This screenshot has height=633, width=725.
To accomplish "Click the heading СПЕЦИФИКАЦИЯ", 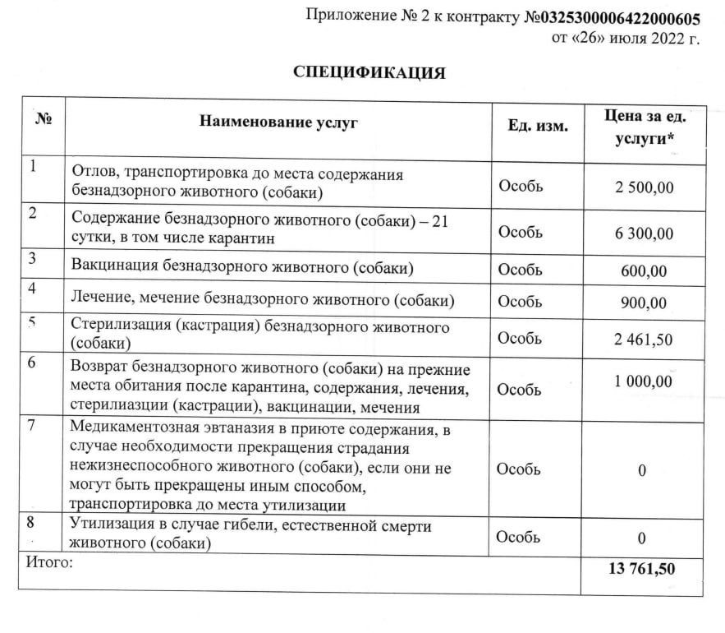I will tap(369, 72).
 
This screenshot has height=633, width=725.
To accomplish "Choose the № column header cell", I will tap(43, 118).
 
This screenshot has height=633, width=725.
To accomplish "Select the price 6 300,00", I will tap(644, 233).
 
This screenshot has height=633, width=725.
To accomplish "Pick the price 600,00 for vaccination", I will tap(644, 270).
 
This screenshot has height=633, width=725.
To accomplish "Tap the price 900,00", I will tap(644, 303).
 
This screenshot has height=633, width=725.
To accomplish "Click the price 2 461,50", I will tap(644, 339).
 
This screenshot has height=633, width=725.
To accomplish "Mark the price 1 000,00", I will tap(644, 381).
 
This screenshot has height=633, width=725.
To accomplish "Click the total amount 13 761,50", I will tap(644, 567).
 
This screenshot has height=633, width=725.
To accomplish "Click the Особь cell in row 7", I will tap(520, 469).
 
